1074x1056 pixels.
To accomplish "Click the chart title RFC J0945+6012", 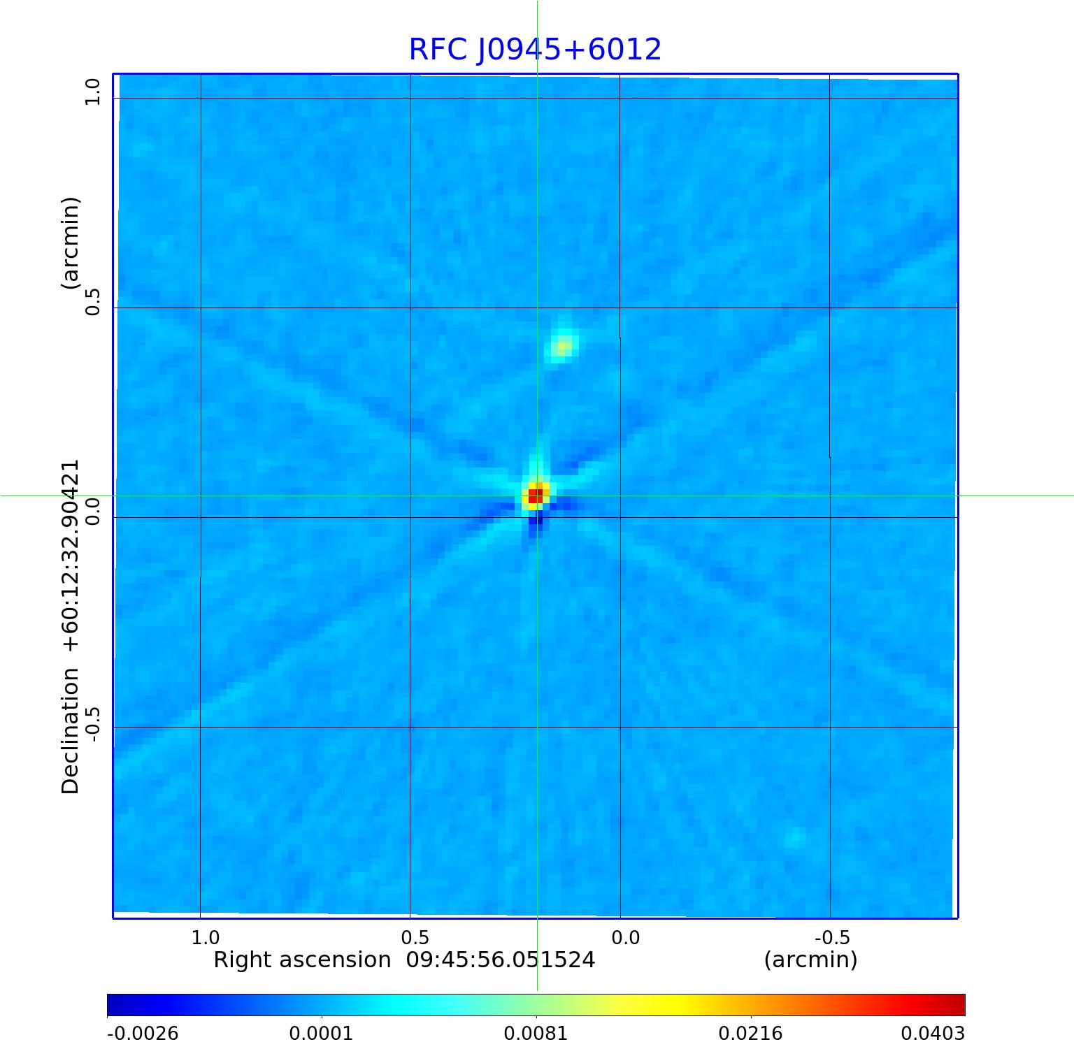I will click(535, 50).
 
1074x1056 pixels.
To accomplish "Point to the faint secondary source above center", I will click(562, 345).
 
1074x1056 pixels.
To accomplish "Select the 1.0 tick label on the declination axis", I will click(93, 92).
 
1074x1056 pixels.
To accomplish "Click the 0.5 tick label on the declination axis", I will click(93, 301).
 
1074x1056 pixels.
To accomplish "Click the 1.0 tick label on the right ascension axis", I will click(206, 937).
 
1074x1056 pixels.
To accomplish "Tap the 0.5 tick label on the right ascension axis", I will click(415, 937).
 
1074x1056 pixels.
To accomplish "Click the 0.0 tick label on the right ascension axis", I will click(625, 937).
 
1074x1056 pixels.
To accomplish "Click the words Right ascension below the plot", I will click(302, 960).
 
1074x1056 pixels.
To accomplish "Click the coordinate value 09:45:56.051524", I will click(501, 960).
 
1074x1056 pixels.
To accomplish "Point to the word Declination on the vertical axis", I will click(71, 731).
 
